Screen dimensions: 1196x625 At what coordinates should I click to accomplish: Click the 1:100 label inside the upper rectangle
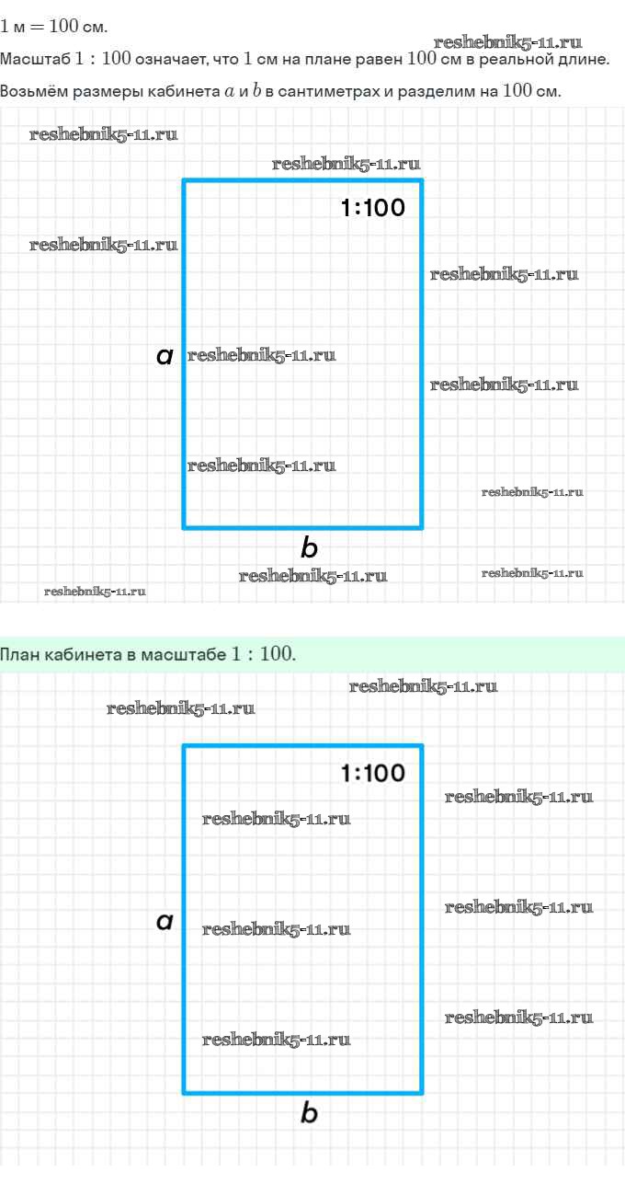coord(372,208)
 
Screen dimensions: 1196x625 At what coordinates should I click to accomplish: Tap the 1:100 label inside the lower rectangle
coord(372,773)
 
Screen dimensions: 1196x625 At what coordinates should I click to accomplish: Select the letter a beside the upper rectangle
coord(165,356)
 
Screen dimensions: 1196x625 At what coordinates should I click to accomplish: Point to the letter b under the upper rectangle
coord(309,548)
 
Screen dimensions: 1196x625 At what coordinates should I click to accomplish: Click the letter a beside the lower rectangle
coord(165,921)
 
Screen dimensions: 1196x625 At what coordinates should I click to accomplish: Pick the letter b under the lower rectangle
coord(309,1113)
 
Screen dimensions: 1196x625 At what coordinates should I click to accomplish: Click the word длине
coord(585,60)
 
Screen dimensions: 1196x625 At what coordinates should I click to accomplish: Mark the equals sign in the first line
coord(38,26)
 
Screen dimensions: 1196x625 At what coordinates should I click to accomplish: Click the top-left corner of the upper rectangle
coord(185,181)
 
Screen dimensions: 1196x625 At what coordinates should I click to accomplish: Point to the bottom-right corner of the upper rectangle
coord(421,527)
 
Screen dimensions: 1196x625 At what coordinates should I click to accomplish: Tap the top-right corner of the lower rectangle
coord(421,746)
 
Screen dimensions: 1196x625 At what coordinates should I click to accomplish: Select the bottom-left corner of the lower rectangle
coord(185,1092)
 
